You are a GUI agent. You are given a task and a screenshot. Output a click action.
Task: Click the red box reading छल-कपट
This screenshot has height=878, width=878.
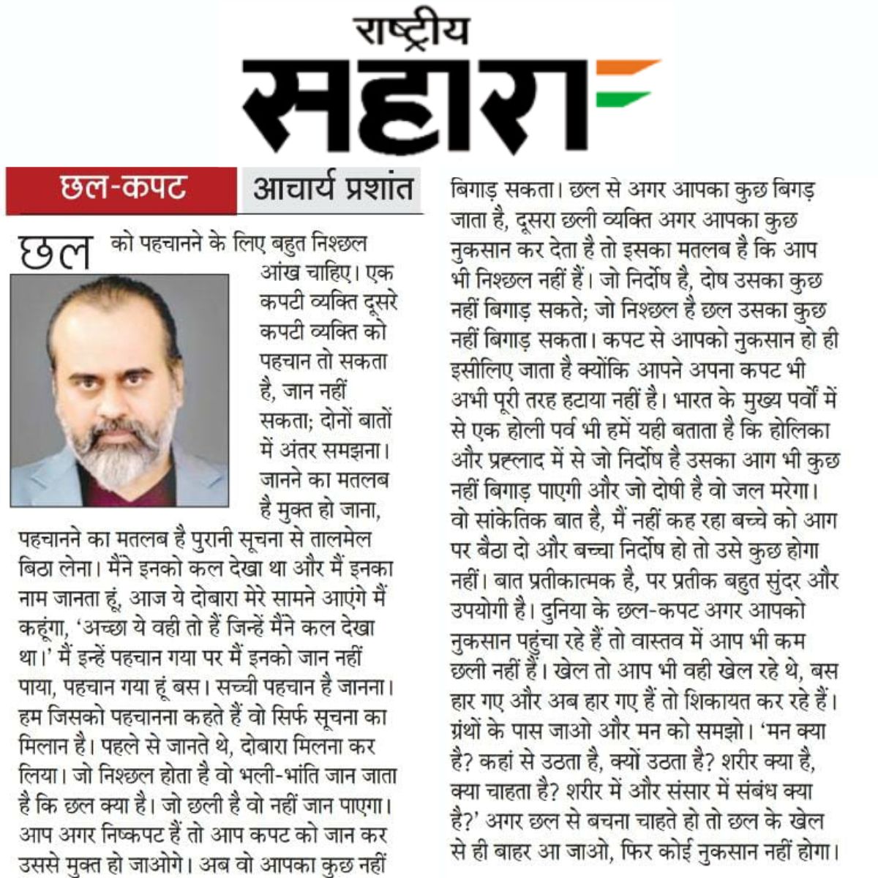(121, 189)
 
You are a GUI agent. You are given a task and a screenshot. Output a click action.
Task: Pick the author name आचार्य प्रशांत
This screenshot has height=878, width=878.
(333, 189)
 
